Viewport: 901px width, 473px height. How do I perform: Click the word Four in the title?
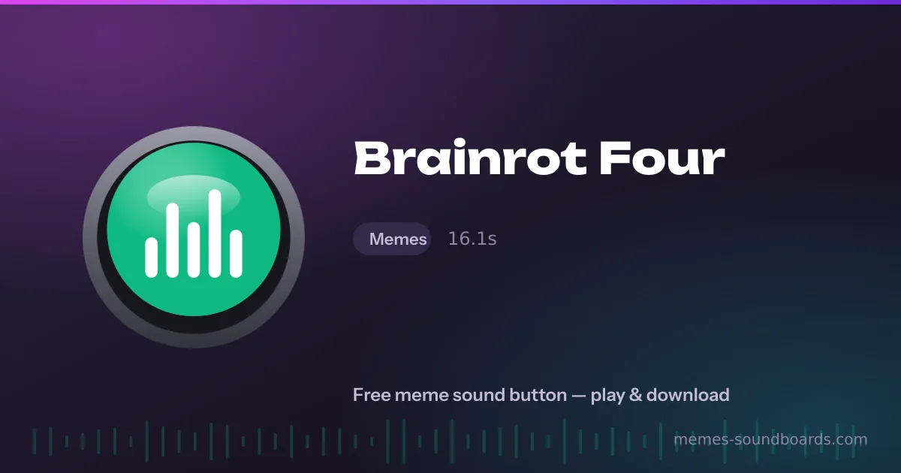tap(661, 158)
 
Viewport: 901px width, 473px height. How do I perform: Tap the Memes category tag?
tap(392, 239)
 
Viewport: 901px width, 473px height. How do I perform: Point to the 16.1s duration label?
tap(472, 239)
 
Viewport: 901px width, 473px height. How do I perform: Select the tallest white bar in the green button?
tap(215, 233)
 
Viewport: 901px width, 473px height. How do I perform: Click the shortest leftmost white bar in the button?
tap(151, 258)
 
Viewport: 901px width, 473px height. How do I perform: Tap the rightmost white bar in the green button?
tap(236, 254)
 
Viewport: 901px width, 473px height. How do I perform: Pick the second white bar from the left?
tap(173, 240)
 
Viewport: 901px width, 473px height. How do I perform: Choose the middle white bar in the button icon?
tap(194, 250)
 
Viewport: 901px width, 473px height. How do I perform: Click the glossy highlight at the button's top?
tap(194, 195)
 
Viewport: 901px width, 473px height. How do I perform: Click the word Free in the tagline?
tap(372, 395)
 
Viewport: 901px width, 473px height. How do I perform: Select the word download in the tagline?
tap(688, 395)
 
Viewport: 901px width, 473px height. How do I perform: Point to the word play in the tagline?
tap(607, 396)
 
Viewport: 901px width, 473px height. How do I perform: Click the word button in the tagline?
tap(538, 395)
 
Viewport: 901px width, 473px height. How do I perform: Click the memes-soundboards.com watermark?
tap(770, 439)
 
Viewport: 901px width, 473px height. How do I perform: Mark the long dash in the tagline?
tap(579, 396)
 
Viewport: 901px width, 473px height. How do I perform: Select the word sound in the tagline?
tap(479, 395)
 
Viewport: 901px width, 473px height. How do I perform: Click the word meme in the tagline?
tap(421, 396)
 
